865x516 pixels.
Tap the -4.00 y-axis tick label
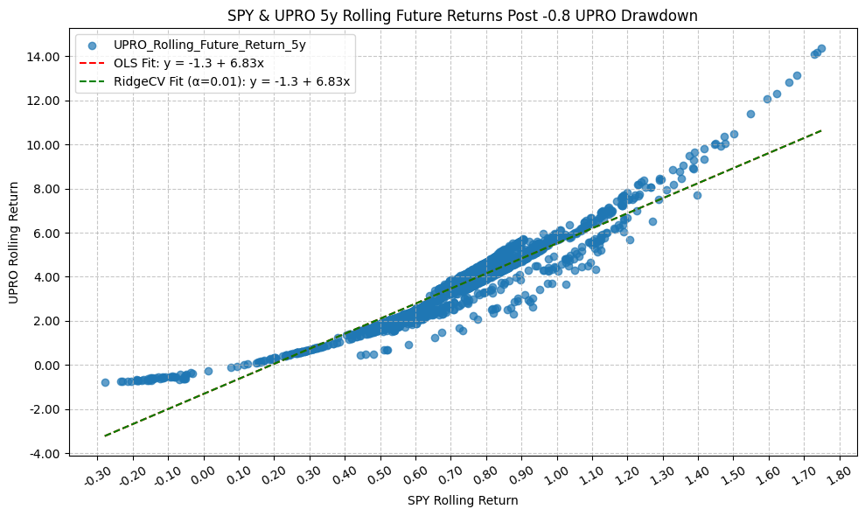(43, 453)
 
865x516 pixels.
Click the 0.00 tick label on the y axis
(45, 365)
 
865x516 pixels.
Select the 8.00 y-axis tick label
(45, 189)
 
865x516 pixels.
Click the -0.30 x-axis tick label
(94, 475)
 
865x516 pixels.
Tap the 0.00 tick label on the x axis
(202, 475)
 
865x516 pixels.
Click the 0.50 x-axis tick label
(379, 475)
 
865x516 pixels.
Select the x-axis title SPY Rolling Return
(463, 501)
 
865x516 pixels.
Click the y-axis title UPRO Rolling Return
(13, 243)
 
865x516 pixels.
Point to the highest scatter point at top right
(821, 49)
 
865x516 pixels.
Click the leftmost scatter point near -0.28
(105, 382)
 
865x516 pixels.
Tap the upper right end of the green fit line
(821, 130)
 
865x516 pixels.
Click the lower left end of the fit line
(105, 436)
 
